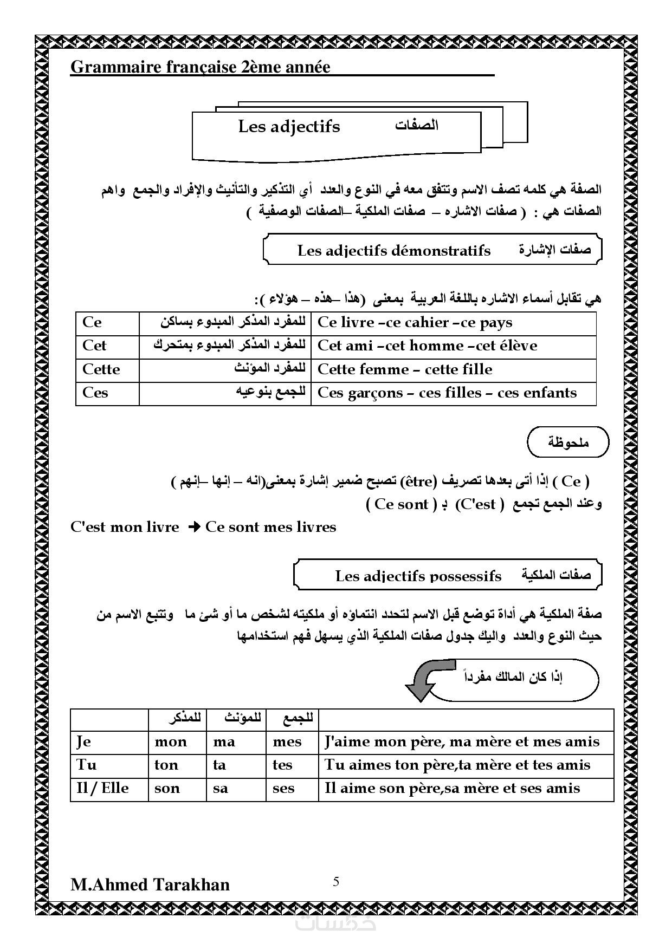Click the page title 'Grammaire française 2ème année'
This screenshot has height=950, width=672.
coord(201,67)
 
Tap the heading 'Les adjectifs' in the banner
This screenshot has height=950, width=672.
coord(289,126)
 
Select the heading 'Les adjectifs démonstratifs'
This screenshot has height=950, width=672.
coord(393,250)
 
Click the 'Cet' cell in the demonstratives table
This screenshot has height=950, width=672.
coord(94,346)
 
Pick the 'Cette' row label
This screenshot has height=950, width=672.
coord(101,369)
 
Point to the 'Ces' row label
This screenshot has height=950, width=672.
coord(95,393)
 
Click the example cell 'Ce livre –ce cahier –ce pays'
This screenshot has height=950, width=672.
coord(415,323)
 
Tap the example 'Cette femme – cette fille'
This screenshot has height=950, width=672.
coord(405,369)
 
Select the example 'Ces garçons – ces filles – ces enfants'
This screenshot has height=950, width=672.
coord(447,393)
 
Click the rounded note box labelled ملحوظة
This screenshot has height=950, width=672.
coord(567,442)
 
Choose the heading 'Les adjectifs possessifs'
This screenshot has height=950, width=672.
coord(418,576)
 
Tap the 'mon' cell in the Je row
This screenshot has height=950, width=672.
coord(171,741)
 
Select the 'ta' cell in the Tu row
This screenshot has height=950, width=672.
coord(219,765)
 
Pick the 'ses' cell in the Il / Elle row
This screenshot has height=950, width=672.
coord(283,788)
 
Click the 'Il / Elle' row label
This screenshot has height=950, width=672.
coord(103,788)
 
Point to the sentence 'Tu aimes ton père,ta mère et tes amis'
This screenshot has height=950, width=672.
coord(457,765)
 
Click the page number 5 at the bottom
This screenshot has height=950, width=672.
coord(336,882)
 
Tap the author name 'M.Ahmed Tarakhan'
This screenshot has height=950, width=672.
coord(150,884)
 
